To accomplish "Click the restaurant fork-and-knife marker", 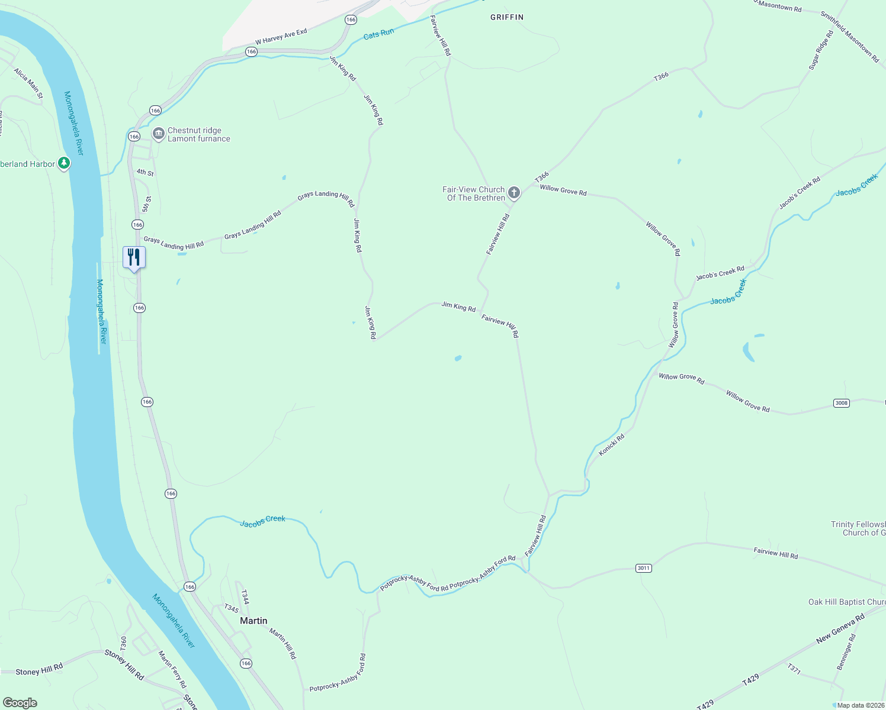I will [134, 257].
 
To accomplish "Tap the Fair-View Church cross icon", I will [514, 192].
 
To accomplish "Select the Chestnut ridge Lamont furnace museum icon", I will [158, 134].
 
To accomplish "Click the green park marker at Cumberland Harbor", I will [64, 163].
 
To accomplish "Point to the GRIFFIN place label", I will [507, 17].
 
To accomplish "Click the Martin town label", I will [253, 621].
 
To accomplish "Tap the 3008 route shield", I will [841, 403].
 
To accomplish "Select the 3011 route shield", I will [643, 568].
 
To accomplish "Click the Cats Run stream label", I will [378, 34].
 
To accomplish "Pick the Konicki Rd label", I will [611, 445].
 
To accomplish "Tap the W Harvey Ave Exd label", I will [281, 37].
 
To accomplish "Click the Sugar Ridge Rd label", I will [821, 50].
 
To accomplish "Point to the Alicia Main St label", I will [28, 83].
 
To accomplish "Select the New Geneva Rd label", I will [840, 629].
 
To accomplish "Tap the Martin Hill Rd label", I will [283, 644].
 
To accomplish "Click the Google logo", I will [20, 702].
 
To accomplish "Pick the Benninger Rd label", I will [846, 652].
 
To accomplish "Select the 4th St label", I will [145, 173].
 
